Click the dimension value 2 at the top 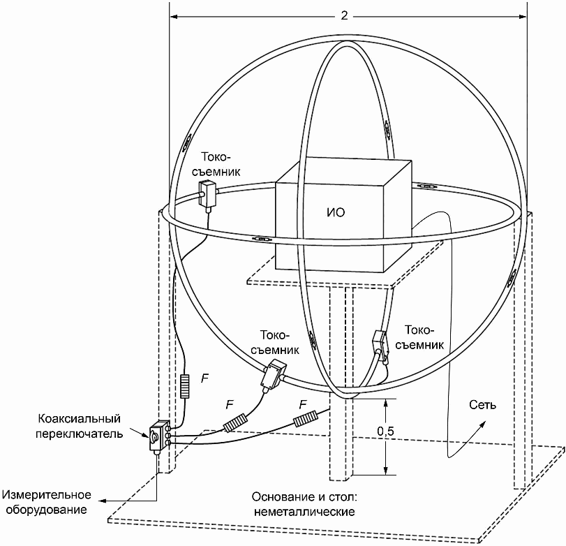pos(344,15)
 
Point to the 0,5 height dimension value pos(385,431)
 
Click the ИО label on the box pos(336,212)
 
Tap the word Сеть pos(483,405)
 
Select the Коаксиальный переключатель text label pos(79,426)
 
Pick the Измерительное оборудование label pos(47,502)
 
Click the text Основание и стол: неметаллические pos(304,504)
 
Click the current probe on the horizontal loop pos(207,195)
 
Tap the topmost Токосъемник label pos(216,164)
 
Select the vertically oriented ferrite pos(184,386)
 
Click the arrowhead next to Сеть pos(483,424)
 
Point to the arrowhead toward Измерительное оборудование pos(103,501)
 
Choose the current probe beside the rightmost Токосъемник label pos(380,342)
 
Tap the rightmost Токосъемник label pos(419,337)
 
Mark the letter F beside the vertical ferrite pos(205,378)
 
